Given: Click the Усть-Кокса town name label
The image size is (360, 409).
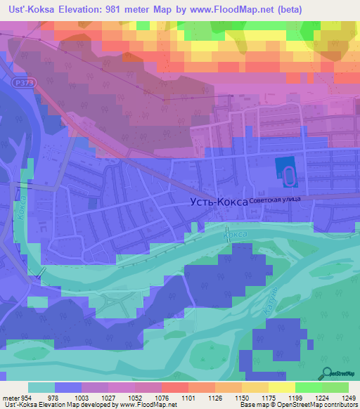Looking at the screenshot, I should click(219, 202).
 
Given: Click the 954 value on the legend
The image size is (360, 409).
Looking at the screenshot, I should click(25, 398).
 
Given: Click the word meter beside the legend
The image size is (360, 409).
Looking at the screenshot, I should click(9, 398).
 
